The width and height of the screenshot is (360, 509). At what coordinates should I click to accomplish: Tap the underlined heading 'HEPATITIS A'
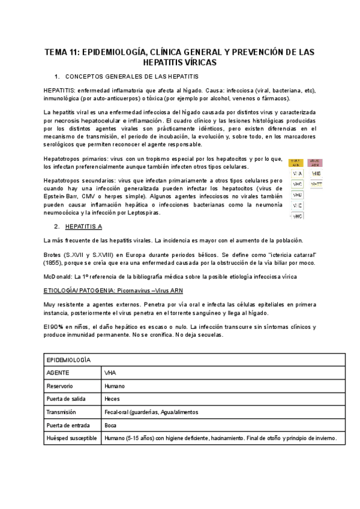pos(83,227)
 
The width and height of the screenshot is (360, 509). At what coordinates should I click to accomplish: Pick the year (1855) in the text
pos(57,263)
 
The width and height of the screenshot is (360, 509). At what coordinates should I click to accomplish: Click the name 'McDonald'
pos(59,276)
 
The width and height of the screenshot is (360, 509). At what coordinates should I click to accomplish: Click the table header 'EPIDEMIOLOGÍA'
pos(68,360)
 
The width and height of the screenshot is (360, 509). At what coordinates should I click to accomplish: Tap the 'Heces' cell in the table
pos(112,399)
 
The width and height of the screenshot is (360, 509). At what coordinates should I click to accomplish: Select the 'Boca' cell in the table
pos(110,426)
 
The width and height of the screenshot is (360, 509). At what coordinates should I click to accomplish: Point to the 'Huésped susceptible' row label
pos(71,439)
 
